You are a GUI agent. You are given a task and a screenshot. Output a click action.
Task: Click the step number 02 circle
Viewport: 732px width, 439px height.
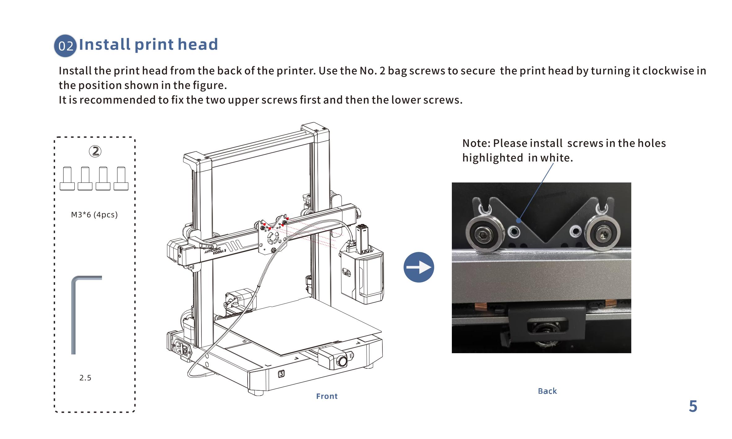tap(65, 46)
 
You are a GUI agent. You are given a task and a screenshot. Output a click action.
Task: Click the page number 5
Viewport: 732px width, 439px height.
tap(693, 406)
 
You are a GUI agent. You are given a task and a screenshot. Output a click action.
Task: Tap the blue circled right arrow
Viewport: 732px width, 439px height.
tap(419, 267)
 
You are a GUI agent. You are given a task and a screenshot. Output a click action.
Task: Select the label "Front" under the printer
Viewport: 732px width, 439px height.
tap(327, 396)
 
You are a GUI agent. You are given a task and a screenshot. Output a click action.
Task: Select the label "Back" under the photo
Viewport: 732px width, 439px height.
tap(547, 391)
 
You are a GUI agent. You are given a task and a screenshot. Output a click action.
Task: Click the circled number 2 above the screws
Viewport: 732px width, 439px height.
tap(95, 151)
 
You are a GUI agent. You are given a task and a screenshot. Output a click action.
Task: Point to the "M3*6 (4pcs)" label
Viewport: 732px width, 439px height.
tap(94, 215)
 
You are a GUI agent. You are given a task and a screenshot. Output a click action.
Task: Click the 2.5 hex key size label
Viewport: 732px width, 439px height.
tap(85, 378)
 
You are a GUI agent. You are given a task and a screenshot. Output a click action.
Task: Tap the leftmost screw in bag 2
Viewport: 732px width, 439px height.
tap(67, 178)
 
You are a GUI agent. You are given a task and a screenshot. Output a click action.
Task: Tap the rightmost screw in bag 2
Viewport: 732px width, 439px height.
tap(121, 178)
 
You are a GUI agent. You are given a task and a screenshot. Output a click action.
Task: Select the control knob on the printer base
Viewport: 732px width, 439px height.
tap(342, 362)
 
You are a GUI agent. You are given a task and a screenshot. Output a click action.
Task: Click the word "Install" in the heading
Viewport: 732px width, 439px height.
tap(105, 44)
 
